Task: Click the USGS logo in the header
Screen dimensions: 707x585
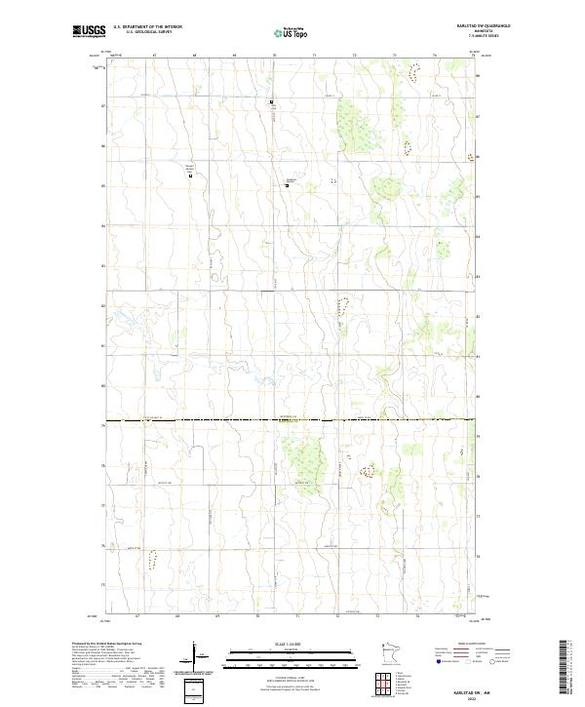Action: point(90,31)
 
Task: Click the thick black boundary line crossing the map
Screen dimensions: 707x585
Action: point(292,420)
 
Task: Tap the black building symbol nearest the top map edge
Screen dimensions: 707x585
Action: point(272,101)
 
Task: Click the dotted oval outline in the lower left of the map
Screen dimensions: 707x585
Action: point(151,559)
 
